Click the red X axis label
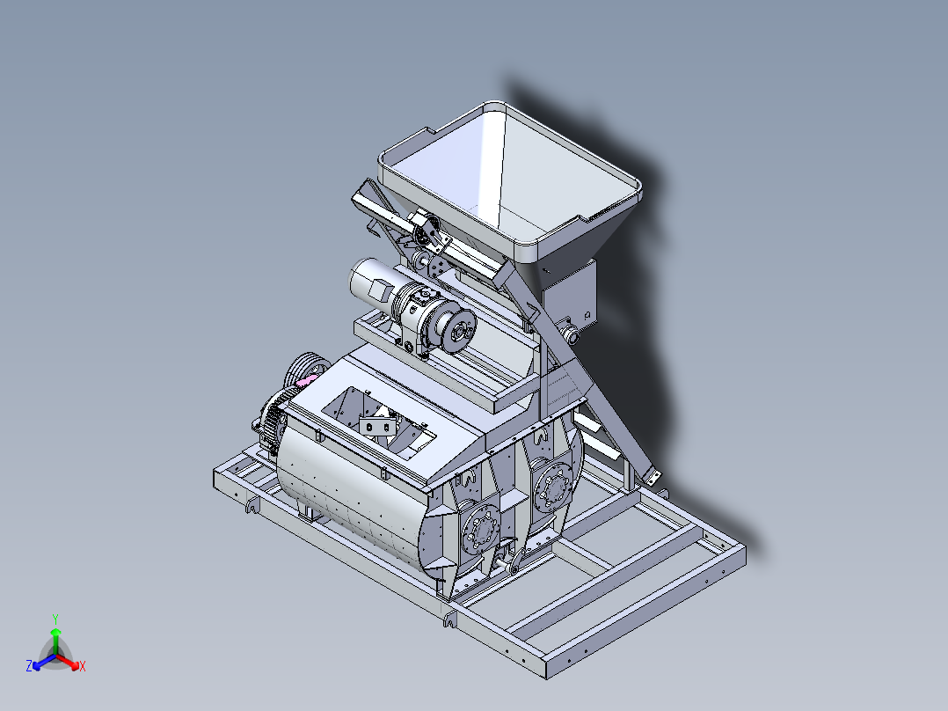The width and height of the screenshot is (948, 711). [x=83, y=666]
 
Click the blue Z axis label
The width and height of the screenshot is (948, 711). [x=28, y=665]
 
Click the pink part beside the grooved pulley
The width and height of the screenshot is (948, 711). [x=307, y=380]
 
